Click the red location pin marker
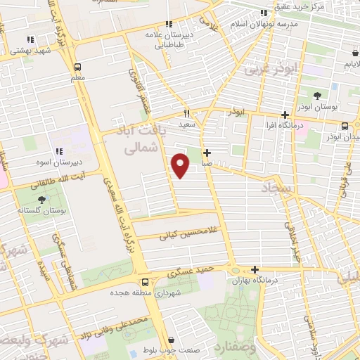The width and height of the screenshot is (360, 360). (181, 165)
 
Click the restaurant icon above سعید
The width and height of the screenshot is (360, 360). (187, 113)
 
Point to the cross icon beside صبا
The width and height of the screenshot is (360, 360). (207, 153)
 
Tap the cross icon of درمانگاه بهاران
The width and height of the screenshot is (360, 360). (255, 269)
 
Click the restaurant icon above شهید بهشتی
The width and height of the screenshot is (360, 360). (30, 39)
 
